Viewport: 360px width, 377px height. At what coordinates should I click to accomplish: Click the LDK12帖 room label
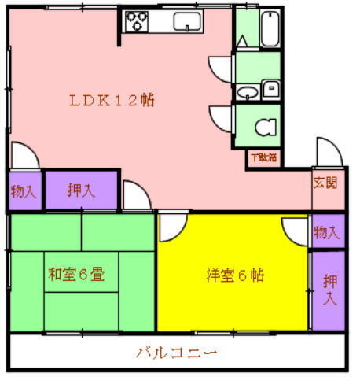111,100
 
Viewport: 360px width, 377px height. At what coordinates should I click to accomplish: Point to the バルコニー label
176,352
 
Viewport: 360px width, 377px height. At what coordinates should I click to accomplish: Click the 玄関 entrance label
326,183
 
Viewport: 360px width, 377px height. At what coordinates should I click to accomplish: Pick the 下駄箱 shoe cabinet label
264,157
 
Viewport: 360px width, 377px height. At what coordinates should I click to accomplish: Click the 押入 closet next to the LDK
80,190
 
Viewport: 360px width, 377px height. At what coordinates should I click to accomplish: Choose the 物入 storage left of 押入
24,190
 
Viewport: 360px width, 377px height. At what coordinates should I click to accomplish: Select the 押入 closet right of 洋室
328,289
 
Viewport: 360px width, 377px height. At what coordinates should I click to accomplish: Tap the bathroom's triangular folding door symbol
244,34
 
